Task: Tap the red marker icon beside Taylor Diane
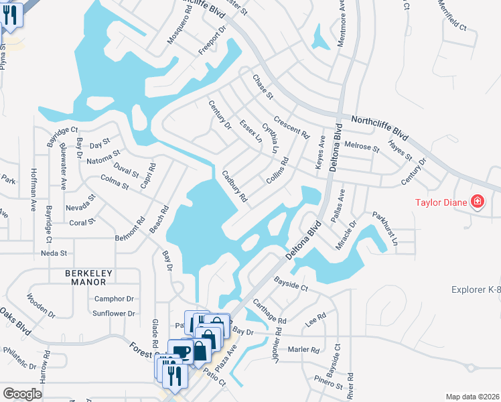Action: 477,201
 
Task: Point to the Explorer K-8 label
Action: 476,290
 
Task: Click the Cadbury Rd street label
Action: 235,186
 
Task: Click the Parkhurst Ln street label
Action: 385,228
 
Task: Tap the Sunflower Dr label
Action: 114,314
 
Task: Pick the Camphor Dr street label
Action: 115,299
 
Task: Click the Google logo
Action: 22,394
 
